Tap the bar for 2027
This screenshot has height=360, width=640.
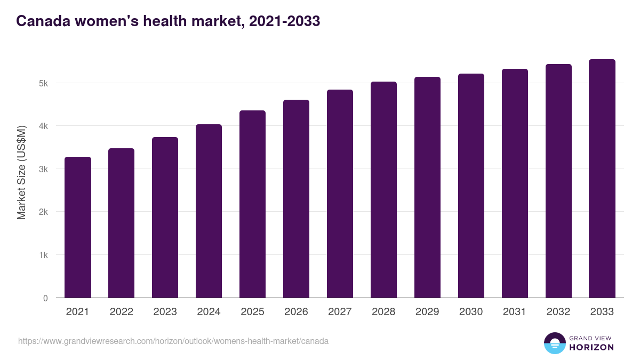[340, 194]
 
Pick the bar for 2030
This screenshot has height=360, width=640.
[471, 186]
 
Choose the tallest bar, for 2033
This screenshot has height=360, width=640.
[602, 179]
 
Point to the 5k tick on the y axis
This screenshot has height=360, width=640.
[43, 83]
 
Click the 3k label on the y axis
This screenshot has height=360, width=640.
[43, 169]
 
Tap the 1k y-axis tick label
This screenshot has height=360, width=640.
[43, 255]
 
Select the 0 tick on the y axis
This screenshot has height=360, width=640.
[45, 298]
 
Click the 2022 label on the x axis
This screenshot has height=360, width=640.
[121, 312]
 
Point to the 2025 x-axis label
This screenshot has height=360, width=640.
[252, 312]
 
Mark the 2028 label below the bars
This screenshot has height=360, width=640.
[383, 312]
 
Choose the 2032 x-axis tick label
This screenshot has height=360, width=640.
[558, 312]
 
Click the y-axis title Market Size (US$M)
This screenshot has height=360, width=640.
[21, 172]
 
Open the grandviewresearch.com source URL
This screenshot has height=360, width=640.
[173, 341]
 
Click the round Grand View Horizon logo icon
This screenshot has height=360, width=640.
[554, 343]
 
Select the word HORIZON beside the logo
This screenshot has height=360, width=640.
[591, 347]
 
